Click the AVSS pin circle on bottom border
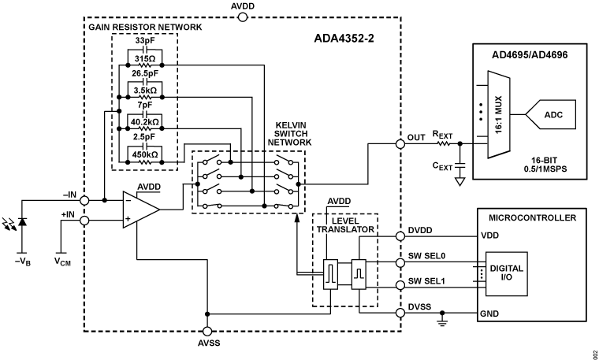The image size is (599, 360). coord(207,332)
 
